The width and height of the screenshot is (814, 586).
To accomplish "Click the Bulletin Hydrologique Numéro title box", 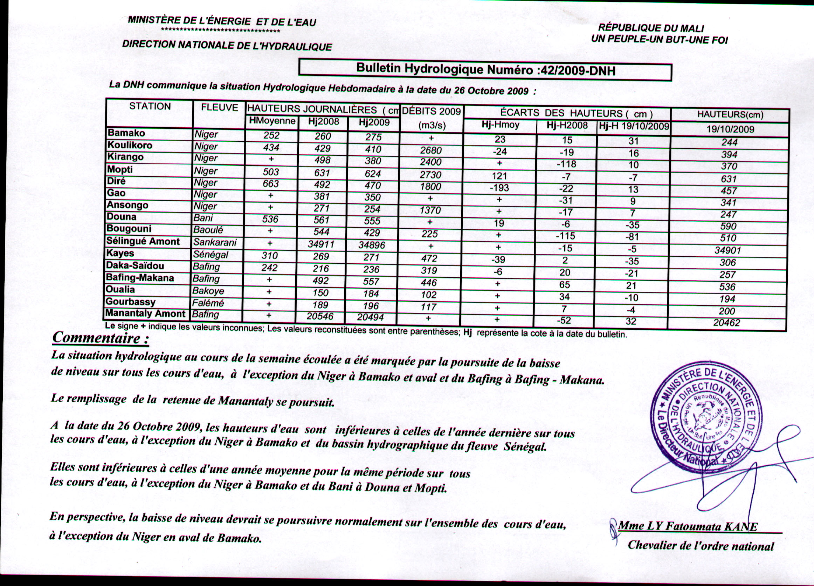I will point(485,70).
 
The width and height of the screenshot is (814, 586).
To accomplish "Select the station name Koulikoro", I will point(130,145).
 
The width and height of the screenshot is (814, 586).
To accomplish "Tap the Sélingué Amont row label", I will point(143,241).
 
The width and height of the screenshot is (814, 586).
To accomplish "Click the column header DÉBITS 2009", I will point(431,112).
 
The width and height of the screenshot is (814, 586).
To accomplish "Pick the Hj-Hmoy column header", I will point(500,126).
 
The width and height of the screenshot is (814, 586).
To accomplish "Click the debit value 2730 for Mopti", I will point(431,174).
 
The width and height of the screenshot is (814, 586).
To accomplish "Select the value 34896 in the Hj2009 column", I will point(372,245).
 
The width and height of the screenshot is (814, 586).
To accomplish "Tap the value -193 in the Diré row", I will point(499,188).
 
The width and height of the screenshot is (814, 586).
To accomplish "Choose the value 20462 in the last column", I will point(726,323).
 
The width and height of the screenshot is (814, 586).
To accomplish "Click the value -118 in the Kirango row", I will point(566,164).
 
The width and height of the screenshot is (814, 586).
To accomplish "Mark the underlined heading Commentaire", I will point(101,338).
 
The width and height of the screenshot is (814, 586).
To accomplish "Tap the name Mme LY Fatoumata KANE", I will point(688,527).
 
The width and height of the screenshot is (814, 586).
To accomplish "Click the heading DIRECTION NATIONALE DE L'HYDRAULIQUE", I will point(227,45).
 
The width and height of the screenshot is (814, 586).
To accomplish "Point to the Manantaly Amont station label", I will point(145,314).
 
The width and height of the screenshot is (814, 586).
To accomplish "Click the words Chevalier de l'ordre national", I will point(701,546).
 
